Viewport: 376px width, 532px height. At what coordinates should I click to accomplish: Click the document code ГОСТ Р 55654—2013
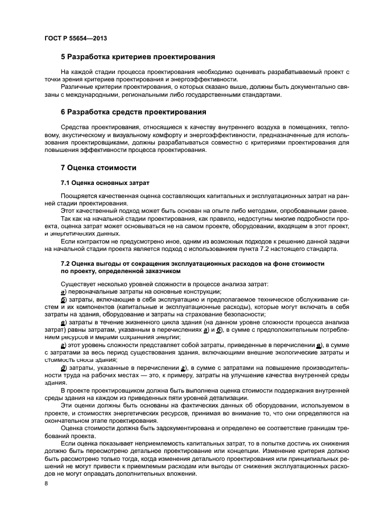click(75, 38)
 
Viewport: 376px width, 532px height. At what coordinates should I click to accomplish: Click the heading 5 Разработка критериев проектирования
click(137, 57)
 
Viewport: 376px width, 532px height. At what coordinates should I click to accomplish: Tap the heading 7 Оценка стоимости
click(98, 168)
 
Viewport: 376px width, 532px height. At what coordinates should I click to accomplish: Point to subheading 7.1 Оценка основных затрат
click(105, 183)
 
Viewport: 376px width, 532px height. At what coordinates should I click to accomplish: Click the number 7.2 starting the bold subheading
click(66, 264)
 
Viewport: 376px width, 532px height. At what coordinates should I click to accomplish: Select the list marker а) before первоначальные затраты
click(63, 291)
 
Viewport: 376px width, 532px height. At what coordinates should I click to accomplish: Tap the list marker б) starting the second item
click(63, 299)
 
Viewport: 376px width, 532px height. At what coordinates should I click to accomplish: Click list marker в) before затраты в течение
click(63, 323)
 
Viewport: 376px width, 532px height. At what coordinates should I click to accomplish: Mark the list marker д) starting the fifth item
click(63, 369)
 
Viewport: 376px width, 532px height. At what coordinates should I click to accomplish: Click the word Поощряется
click(77, 195)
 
